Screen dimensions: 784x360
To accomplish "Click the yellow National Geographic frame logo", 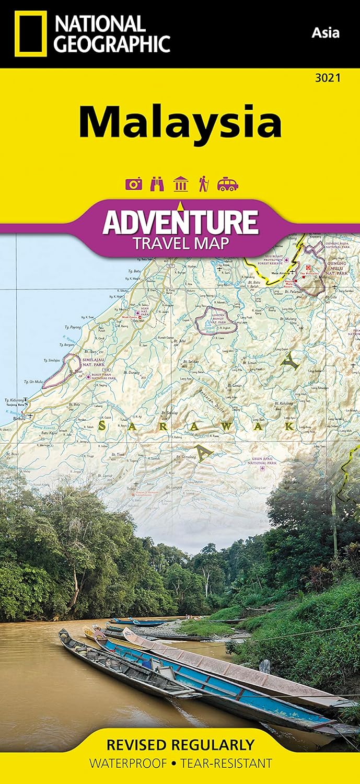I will [x=30, y=33].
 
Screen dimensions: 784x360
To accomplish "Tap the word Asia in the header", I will [x=326, y=32].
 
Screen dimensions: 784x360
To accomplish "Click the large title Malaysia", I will [x=180, y=121].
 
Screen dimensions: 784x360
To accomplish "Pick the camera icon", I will [x=133, y=184].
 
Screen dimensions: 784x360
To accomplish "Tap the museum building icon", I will [x=180, y=184].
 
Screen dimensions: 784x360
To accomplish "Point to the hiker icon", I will [x=203, y=184].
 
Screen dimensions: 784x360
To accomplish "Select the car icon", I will [x=228, y=184].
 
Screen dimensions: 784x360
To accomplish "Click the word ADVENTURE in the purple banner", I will [x=180, y=222].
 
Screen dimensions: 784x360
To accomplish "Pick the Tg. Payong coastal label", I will [x=72, y=328].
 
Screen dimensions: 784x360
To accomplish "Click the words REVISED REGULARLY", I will [x=180, y=745].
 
